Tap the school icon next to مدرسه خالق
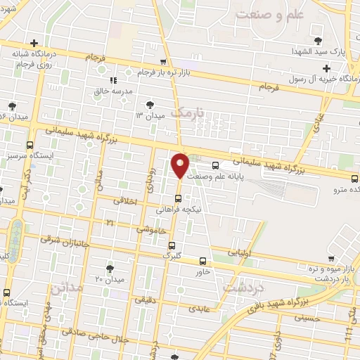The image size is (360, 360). [114, 80]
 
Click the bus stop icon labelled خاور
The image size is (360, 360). [202, 260]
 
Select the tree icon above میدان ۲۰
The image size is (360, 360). [110, 269]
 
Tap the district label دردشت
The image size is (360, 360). [242, 288]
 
